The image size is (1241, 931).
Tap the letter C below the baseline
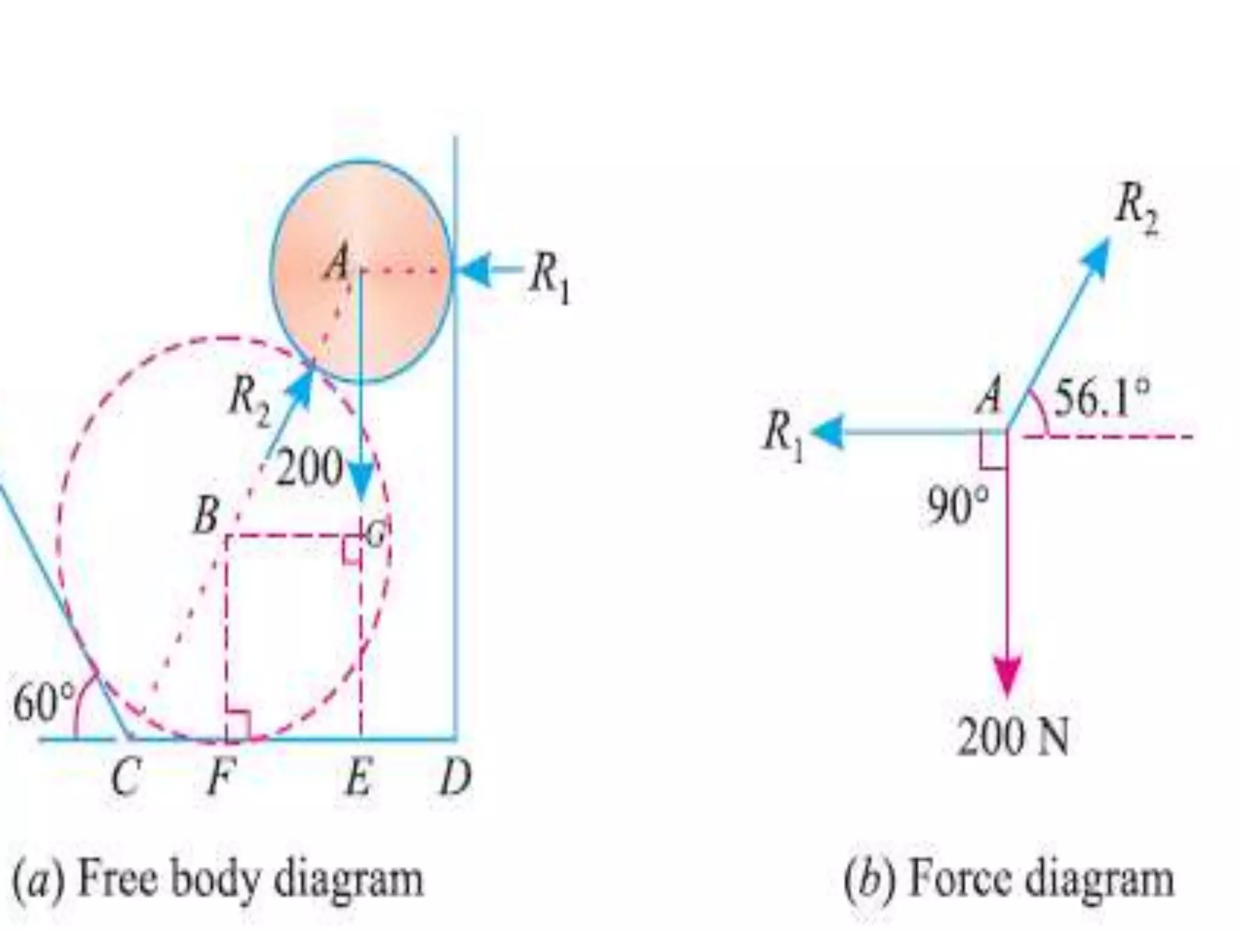point(127,778)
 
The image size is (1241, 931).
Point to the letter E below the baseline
point(358,778)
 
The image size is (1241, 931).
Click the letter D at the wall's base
point(455,778)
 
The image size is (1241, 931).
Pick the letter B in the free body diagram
point(207,517)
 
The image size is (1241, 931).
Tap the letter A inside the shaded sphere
point(337,264)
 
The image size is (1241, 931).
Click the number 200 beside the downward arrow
point(310,467)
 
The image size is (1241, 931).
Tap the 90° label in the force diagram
point(957,507)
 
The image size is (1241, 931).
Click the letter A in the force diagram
point(990,398)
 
